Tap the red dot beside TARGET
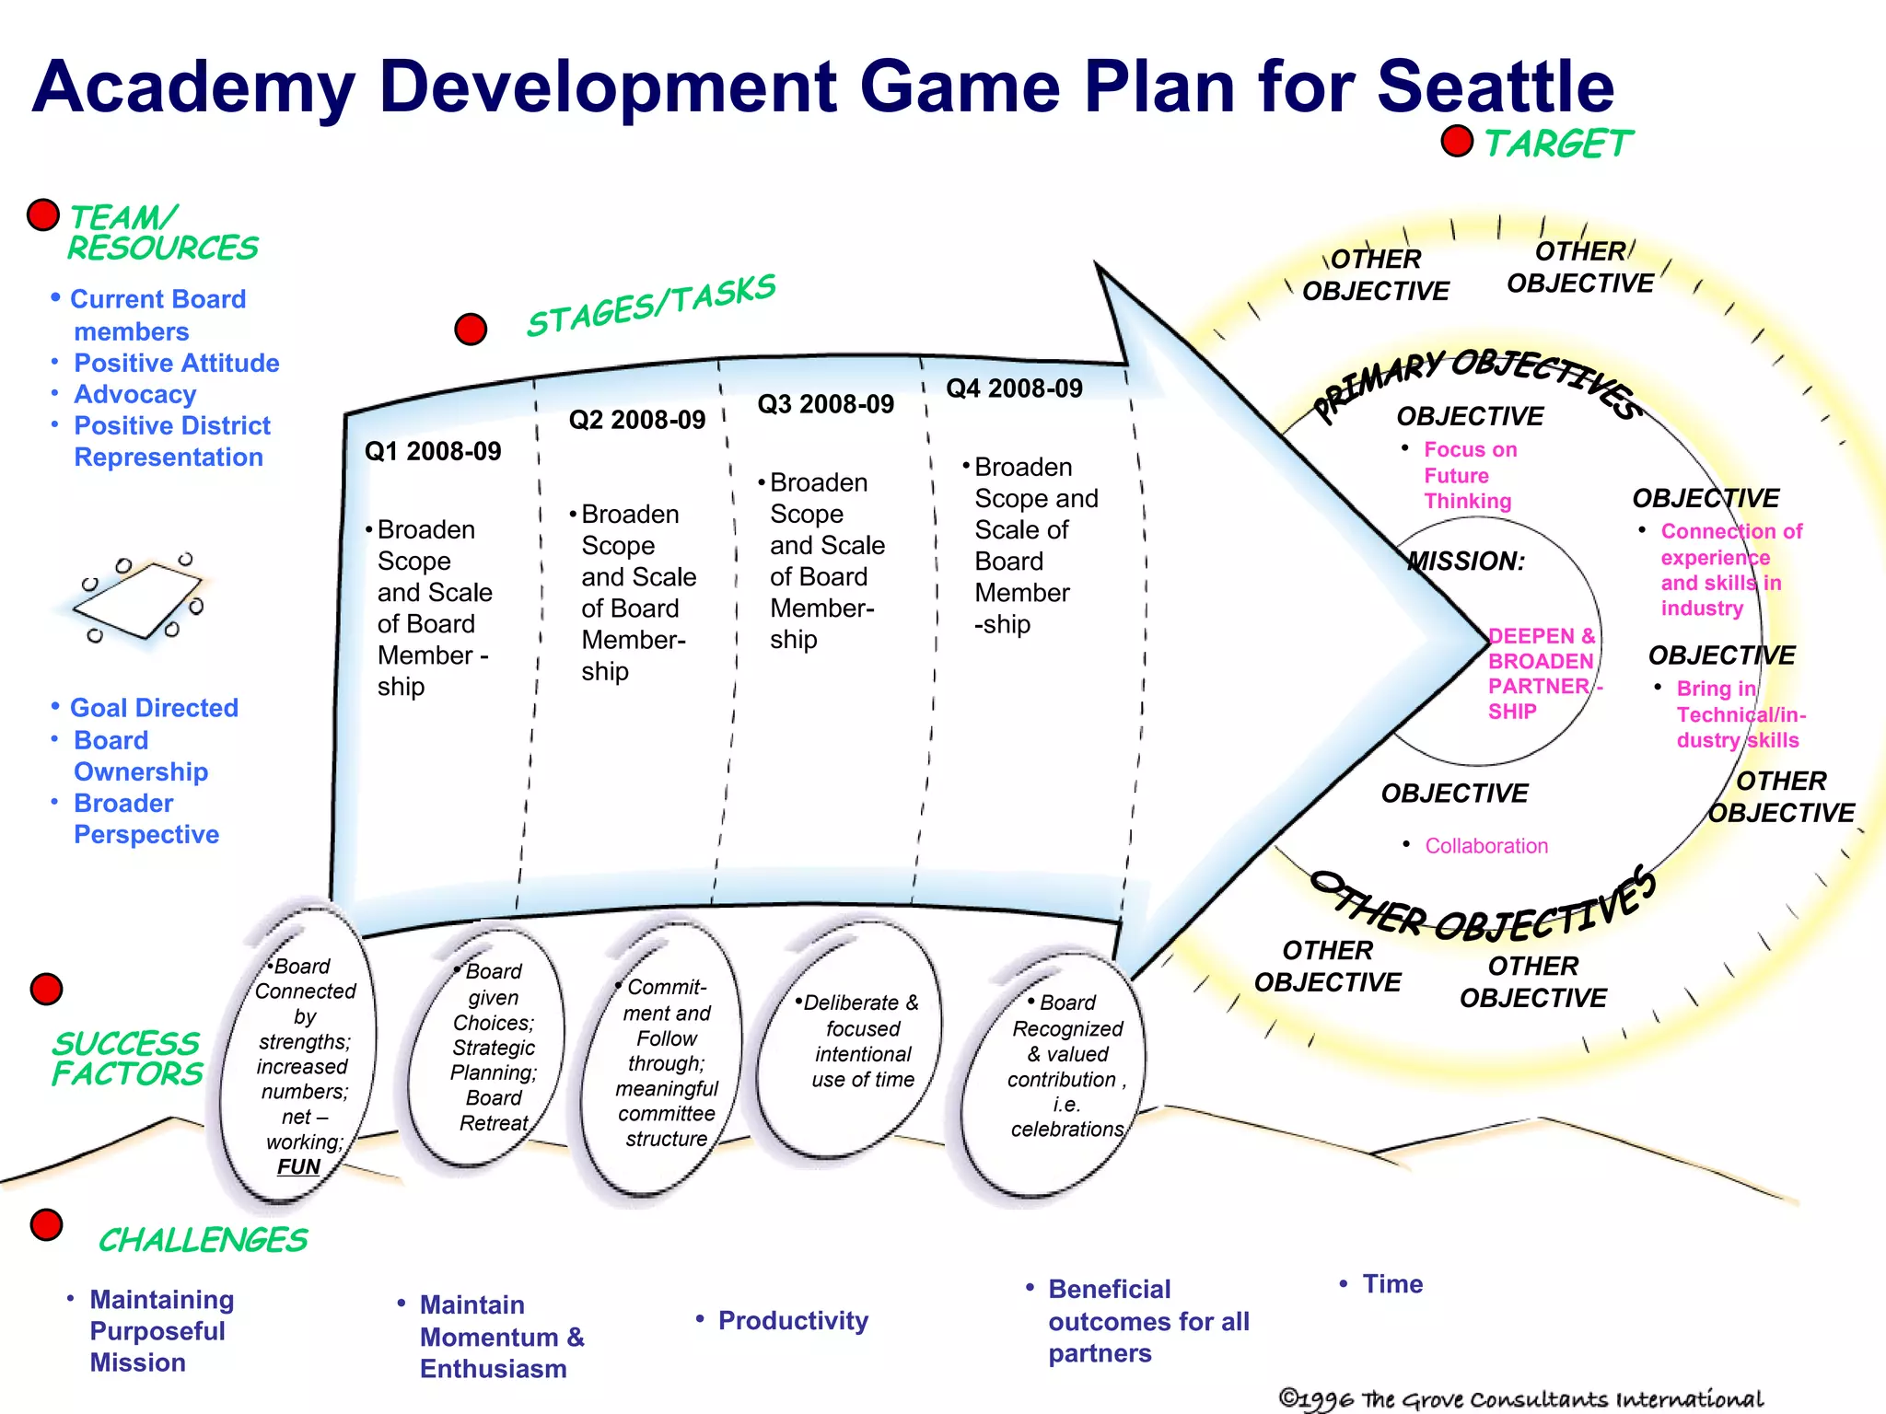click(1457, 142)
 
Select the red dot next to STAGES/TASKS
click(471, 329)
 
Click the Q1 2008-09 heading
click(433, 451)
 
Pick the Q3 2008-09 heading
click(825, 404)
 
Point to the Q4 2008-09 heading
click(1014, 388)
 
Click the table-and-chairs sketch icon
click(140, 599)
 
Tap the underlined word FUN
click(298, 1166)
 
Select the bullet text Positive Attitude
click(176, 363)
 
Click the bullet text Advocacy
click(134, 394)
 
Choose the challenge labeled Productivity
click(792, 1320)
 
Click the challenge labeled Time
click(1391, 1283)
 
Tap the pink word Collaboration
click(1485, 845)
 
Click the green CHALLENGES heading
click(203, 1240)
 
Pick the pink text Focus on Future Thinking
click(1469, 475)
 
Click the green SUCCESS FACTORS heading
click(126, 1059)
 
